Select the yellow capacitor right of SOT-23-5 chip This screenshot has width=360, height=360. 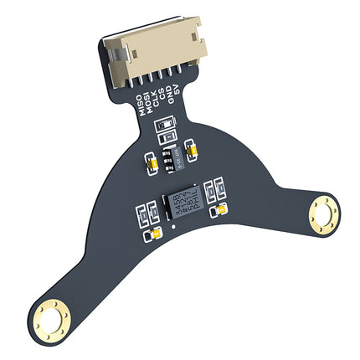click(193, 150)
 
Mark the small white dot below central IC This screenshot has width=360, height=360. click(172, 225)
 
